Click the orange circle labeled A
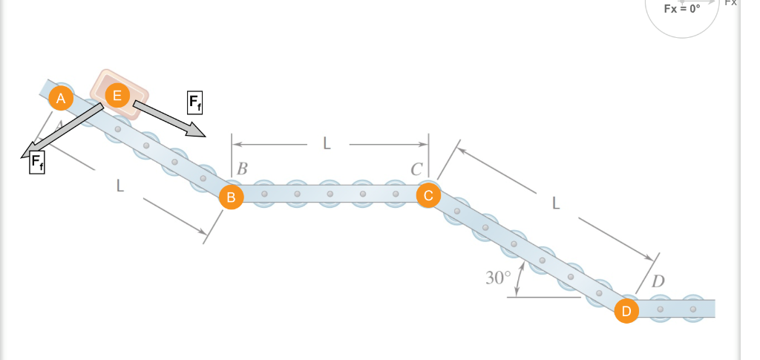(x=62, y=97)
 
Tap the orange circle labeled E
(x=117, y=94)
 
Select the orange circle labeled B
(x=231, y=197)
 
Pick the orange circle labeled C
(x=428, y=195)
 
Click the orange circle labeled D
(x=626, y=311)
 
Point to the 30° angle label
(x=498, y=278)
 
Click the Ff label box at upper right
(x=194, y=102)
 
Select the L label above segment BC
(x=327, y=144)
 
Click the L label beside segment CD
(x=556, y=203)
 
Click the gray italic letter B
(x=241, y=168)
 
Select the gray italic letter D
(x=658, y=282)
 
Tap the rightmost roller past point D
(x=693, y=308)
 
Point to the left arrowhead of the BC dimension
(x=235, y=144)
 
